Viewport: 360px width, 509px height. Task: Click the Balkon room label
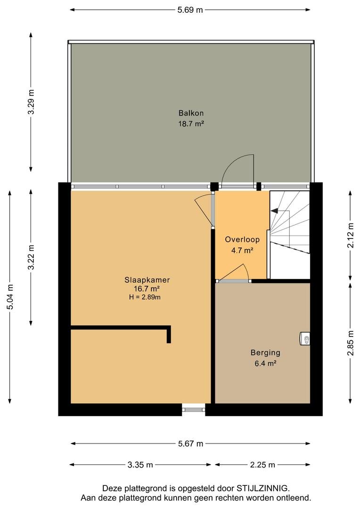click(191, 113)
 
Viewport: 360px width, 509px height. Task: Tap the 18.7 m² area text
click(191, 123)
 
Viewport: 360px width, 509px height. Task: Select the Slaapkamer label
click(147, 280)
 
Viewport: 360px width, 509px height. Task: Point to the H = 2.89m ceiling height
click(145, 297)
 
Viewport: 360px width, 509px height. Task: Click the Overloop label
click(242, 239)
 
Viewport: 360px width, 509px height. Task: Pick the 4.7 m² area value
click(242, 250)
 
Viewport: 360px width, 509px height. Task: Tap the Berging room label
click(265, 353)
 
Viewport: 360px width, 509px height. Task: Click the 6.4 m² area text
click(265, 363)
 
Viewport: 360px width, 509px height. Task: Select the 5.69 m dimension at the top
click(190, 10)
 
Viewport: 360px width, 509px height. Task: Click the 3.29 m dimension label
click(31, 102)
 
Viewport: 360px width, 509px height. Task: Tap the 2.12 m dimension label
click(350, 235)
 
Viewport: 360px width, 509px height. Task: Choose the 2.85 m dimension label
click(350, 343)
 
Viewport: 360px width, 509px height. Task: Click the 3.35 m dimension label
click(140, 465)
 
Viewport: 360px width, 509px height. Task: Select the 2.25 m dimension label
click(262, 465)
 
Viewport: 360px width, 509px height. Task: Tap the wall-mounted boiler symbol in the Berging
click(304, 338)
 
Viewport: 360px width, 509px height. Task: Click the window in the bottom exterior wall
click(194, 410)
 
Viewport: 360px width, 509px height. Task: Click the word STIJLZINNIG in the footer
click(262, 488)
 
